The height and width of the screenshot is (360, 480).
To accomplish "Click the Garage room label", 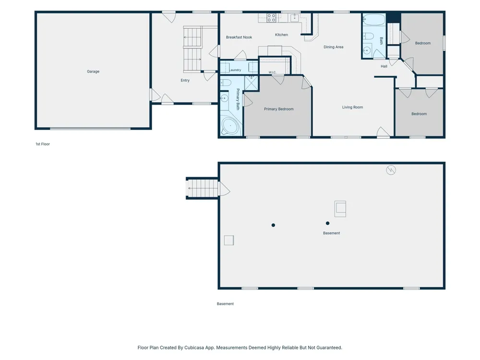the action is pyautogui.click(x=93, y=72).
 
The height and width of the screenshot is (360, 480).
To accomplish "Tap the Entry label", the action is pyautogui.click(x=185, y=80).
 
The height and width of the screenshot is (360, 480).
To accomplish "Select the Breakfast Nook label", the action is pyautogui.click(x=239, y=37).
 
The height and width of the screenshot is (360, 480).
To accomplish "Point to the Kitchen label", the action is pyautogui.click(x=281, y=35).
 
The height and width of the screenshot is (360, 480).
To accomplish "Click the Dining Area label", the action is pyautogui.click(x=334, y=47).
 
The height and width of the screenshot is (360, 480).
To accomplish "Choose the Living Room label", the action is pyautogui.click(x=352, y=107).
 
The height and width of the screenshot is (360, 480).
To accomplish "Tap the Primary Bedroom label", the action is pyautogui.click(x=278, y=109).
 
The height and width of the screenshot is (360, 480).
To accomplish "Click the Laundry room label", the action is pyautogui.click(x=235, y=70).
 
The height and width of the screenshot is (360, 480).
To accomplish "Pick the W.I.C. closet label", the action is pyautogui.click(x=272, y=72).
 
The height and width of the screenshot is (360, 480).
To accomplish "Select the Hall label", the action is pyautogui.click(x=384, y=66).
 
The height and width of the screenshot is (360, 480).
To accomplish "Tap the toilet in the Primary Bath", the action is pyautogui.click(x=226, y=83).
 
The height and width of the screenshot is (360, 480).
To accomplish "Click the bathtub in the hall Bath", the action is pyautogui.click(x=373, y=19).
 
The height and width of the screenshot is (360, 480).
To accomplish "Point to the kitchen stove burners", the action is pyautogui.click(x=271, y=18).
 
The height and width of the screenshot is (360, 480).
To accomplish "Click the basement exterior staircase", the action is pyautogui.click(x=203, y=188).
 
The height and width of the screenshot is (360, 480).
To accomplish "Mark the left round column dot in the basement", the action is pyautogui.click(x=273, y=225).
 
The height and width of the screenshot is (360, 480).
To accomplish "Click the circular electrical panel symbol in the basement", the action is pyautogui.click(x=391, y=170).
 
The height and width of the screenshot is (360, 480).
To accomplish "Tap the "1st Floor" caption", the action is pyautogui.click(x=43, y=144).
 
